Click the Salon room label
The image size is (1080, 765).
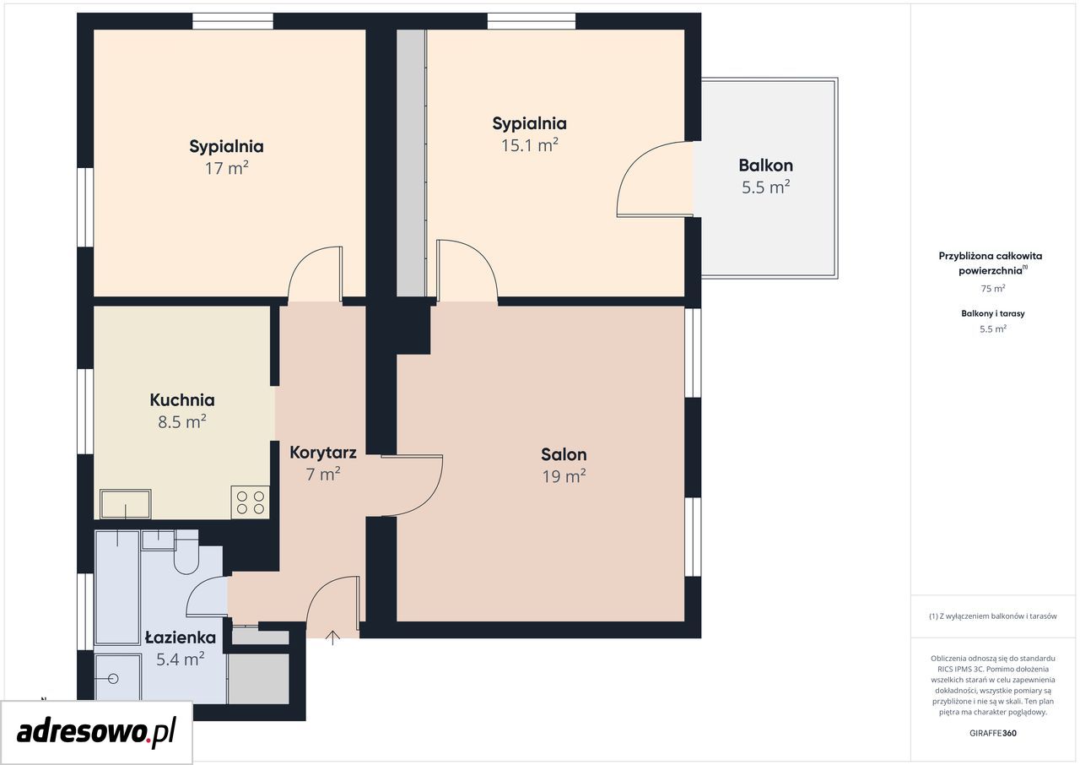(564, 454)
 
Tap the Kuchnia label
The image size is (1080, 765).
(182, 400)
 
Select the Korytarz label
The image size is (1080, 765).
(323, 453)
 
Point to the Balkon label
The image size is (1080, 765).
(765, 165)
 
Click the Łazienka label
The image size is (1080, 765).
(181, 637)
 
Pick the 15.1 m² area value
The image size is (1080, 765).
(529, 144)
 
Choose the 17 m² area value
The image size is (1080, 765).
(227, 168)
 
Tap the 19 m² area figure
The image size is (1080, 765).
(564, 476)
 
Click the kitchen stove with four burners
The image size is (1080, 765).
(251, 502)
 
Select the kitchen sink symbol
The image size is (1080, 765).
(126, 504)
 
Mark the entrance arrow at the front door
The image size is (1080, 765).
(332, 637)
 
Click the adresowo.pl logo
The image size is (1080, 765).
(96, 732)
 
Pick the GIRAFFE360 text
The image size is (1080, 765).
(993, 733)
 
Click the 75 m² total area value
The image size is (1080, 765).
(993, 289)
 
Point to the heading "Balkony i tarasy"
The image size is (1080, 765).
(993, 313)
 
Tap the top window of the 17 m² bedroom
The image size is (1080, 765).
(233, 21)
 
